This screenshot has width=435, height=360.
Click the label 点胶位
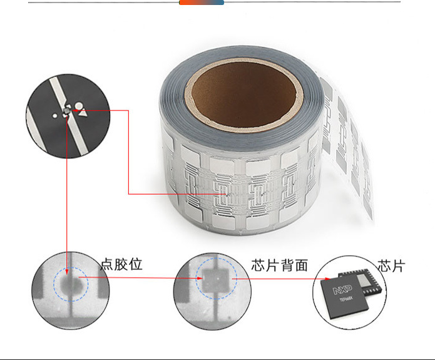[x=121, y=264]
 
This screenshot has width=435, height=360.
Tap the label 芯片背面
[x=279, y=265]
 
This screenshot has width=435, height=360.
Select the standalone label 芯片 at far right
[x=391, y=265]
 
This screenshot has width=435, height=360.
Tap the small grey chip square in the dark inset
[x=67, y=111]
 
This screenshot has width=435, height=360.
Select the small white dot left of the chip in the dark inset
[x=56, y=115]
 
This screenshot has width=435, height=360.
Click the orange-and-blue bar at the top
[x=202, y=3]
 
